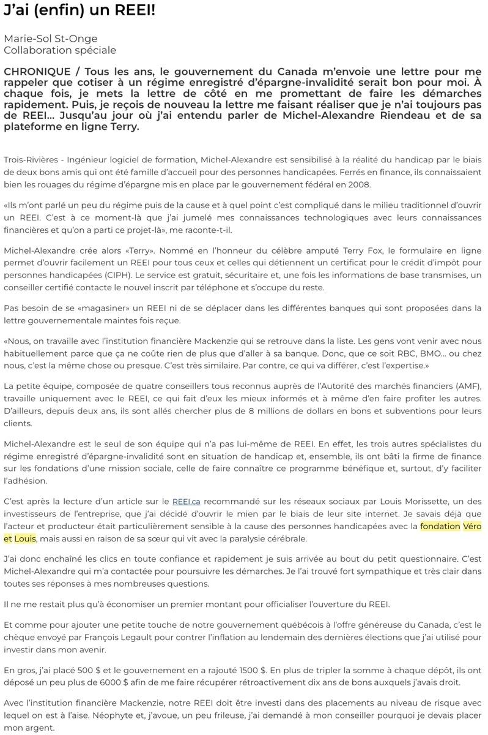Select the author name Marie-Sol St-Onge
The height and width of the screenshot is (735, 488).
pyautogui.click(x=51, y=39)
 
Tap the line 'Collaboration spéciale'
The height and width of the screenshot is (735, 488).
pyautogui.click(x=60, y=50)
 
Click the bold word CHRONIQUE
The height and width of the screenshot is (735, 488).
pyautogui.click(x=37, y=72)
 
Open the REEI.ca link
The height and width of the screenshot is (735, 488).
pyautogui.click(x=185, y=501)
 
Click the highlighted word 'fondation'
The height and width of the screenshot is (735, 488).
pyautogui.click(x=440, y=526)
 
